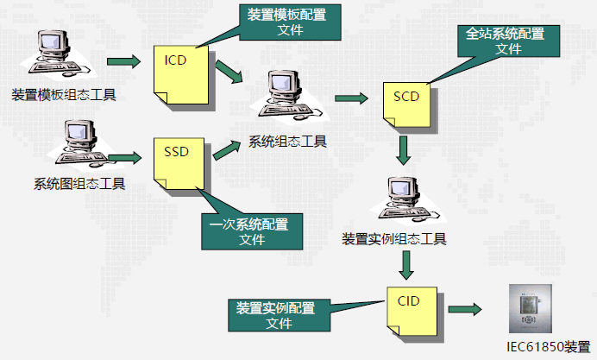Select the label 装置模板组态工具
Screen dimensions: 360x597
(x=65, y=93)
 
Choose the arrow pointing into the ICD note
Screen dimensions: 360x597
(x=123, y=62)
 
